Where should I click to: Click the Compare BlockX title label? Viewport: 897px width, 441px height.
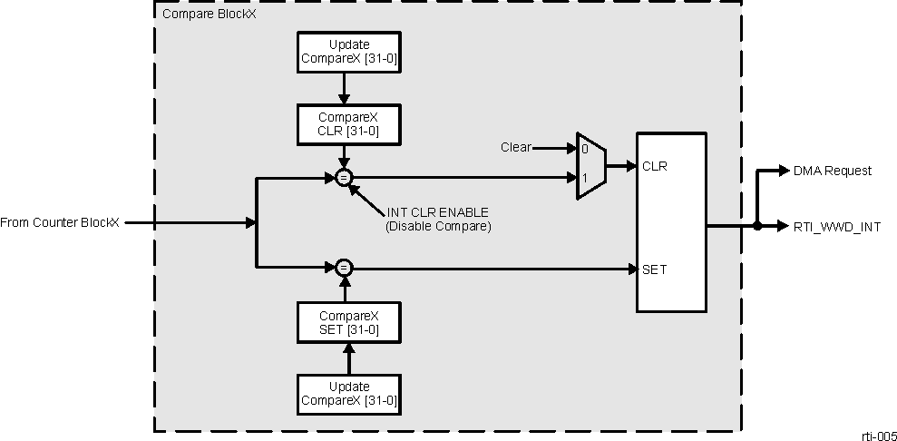[x=209, y=15]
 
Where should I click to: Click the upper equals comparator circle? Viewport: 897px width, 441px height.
[x=344, y=178]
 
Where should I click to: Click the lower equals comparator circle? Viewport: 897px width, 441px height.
[x=344, y=267]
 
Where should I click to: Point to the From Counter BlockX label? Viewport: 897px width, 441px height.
[x=60, y=222]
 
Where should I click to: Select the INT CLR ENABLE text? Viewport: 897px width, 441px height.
[x=432, y=213]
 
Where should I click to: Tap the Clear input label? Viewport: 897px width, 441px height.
[x=516, y=147]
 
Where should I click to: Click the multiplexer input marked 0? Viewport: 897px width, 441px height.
[x=584, y=147]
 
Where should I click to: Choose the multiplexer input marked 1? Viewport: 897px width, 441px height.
[x=584, y=178]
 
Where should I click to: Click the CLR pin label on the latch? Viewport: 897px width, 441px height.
[x=655, y=166]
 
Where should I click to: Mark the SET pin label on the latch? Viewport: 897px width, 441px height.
[x=655, y=269]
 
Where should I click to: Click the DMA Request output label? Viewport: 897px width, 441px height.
[x=832, y=171]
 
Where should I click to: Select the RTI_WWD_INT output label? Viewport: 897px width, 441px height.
[x=836, y=226]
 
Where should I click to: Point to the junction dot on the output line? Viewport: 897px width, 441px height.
[x=756, y=226]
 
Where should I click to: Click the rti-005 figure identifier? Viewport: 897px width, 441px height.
[x=879, y=434]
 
